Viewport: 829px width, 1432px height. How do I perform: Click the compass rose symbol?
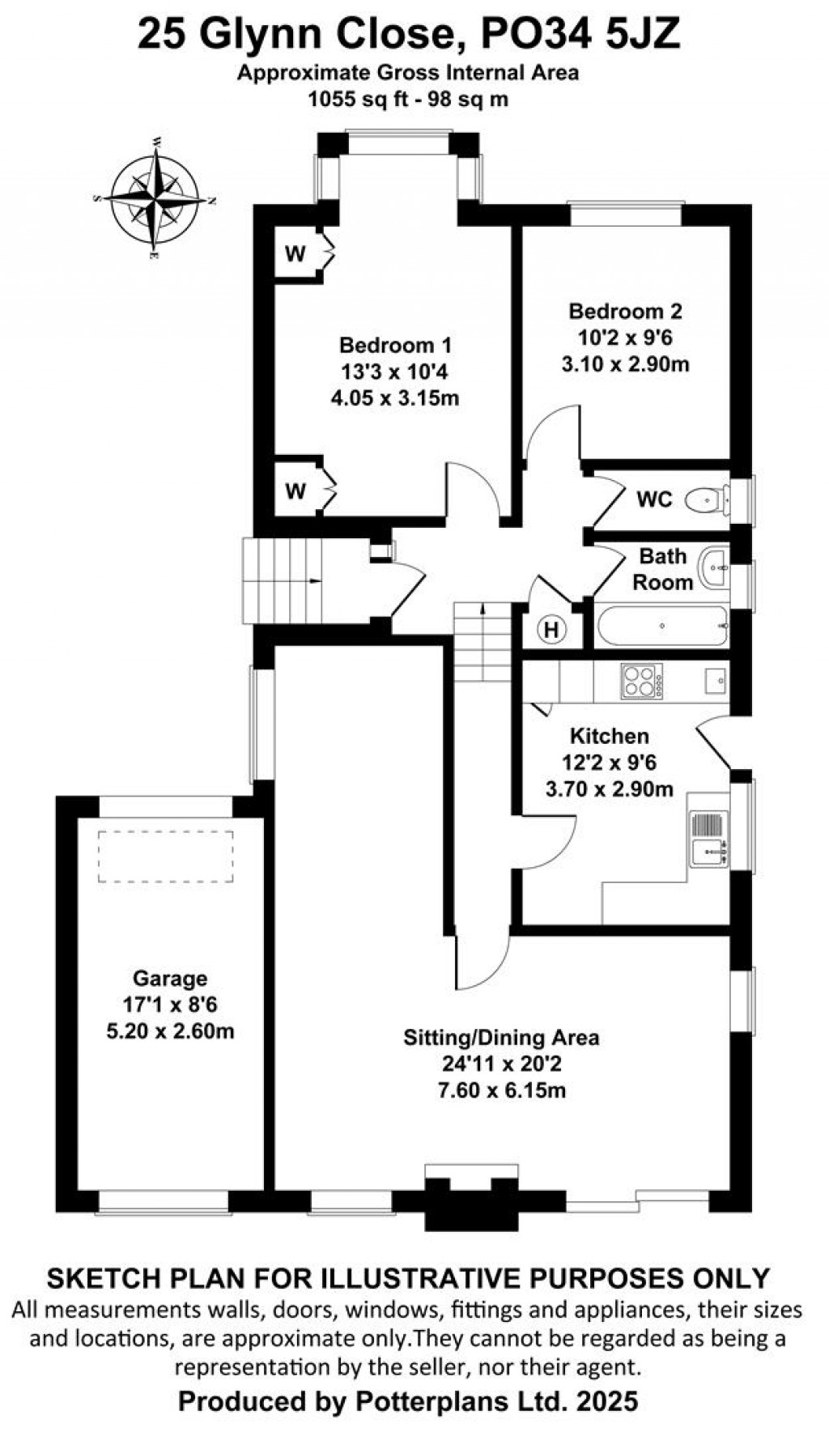[155, 198]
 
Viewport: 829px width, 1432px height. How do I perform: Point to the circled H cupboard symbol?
[551, 629]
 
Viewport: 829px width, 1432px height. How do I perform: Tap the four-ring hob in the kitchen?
[641, 681]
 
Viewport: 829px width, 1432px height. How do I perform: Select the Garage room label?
[170, 979]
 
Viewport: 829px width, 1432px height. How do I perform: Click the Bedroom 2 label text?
[625, 311]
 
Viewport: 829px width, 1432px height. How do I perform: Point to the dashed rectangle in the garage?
[165, 856]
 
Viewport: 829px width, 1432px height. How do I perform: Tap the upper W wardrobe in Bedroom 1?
[296, 254]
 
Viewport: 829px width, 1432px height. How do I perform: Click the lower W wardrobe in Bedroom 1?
[296, 491]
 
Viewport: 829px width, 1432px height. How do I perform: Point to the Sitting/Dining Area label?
[501, 1037]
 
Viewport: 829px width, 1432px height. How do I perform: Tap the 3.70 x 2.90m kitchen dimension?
[609, 788]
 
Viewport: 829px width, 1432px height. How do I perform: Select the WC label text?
[654, 499]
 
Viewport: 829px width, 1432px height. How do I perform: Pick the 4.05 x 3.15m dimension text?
[395, 398]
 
